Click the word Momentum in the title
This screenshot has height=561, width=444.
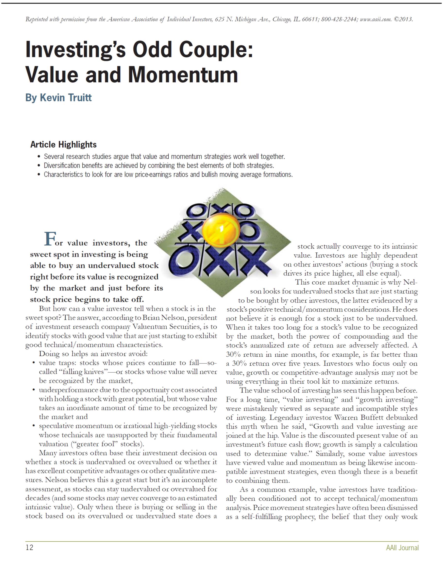[183, 75]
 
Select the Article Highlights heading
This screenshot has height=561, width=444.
[63, 144]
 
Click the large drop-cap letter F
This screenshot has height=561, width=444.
[50, 239]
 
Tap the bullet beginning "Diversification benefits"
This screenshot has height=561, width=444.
[159, 166]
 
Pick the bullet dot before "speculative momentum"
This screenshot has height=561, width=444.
[34, 426]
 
